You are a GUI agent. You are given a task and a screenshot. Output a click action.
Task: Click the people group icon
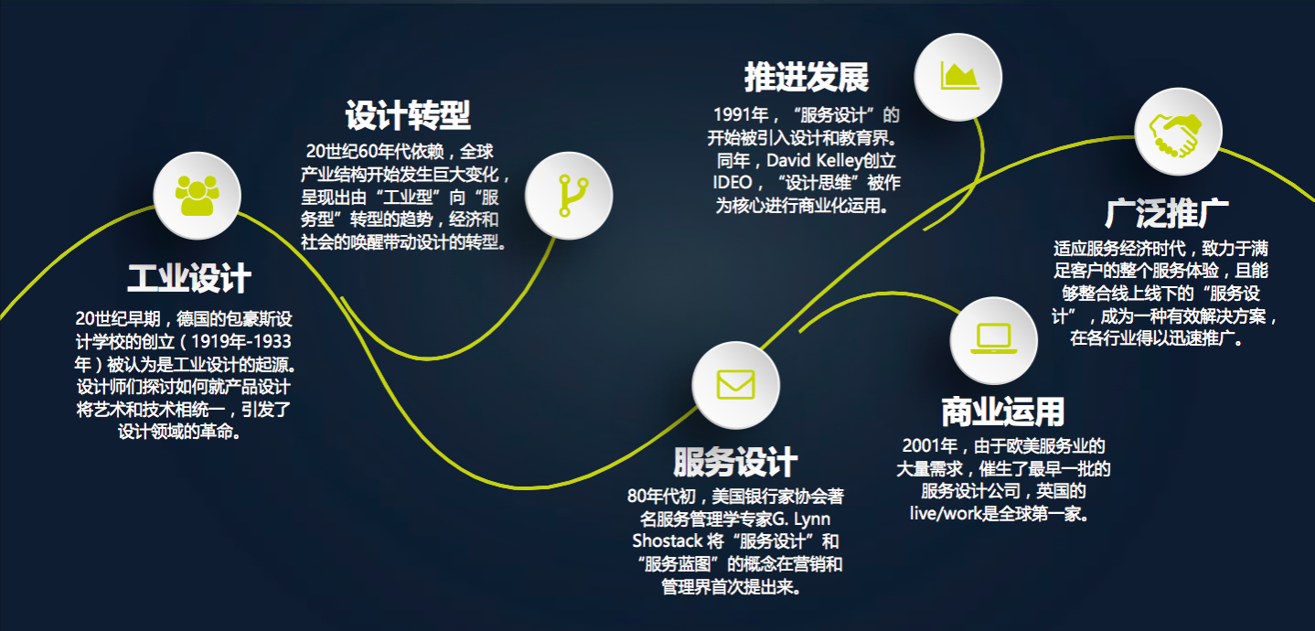click(198, 196)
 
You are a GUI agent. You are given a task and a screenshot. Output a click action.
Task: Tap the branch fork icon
click(573, 196)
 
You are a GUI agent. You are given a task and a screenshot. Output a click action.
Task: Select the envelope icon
click(735, 384)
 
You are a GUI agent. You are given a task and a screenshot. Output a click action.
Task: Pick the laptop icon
click(994, 338)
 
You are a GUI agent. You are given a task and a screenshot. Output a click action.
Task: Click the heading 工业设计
click(189, 278)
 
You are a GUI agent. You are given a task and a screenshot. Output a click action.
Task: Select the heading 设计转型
click(408, 115)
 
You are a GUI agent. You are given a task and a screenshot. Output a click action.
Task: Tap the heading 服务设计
click(735, 462)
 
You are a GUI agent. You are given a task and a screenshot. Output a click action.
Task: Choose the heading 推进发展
click(807, 77)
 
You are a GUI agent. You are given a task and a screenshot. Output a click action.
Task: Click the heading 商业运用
click(1002, 412)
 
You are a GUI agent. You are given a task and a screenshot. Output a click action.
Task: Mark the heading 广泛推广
click(1167, 213)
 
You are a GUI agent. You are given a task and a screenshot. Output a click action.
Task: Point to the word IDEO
click(732, 183)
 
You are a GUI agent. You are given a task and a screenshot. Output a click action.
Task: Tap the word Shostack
click(668, 540)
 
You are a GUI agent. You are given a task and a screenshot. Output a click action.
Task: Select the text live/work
click(946, 514)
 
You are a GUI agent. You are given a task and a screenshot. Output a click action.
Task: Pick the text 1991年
click(741, 114)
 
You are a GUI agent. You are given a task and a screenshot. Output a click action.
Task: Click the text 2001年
click(930, 445)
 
